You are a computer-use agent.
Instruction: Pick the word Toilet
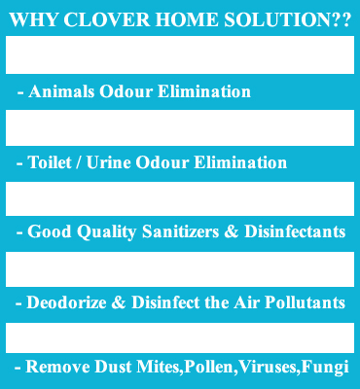(50, 162)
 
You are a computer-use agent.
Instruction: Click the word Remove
(55, 368)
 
